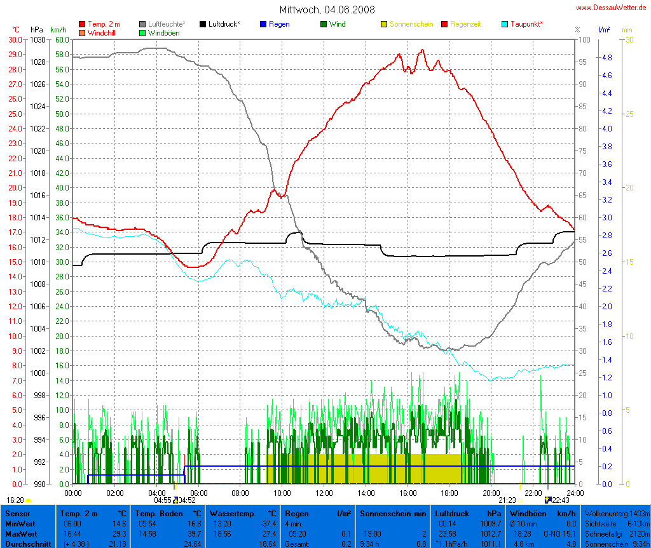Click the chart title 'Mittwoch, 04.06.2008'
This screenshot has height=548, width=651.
coord(327,10)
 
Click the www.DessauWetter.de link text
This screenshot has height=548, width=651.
coord(612,8)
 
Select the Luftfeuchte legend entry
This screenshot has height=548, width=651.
coord(163,24)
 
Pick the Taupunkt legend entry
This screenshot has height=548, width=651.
coord(528,24)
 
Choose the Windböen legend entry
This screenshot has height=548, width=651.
coord(163,32)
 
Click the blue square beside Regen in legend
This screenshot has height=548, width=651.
coord(263,24)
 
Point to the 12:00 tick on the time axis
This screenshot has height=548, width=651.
coord(324,493)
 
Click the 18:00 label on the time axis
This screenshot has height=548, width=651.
coord(449,493)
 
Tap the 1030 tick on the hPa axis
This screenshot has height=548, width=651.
coord(38,39)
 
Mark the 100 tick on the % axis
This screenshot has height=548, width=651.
coord(577,39)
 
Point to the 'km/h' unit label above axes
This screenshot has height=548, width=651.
coord(58,30)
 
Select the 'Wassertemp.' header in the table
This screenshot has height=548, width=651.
coord(231,513)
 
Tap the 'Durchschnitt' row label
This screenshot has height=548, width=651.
coord(29,544)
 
